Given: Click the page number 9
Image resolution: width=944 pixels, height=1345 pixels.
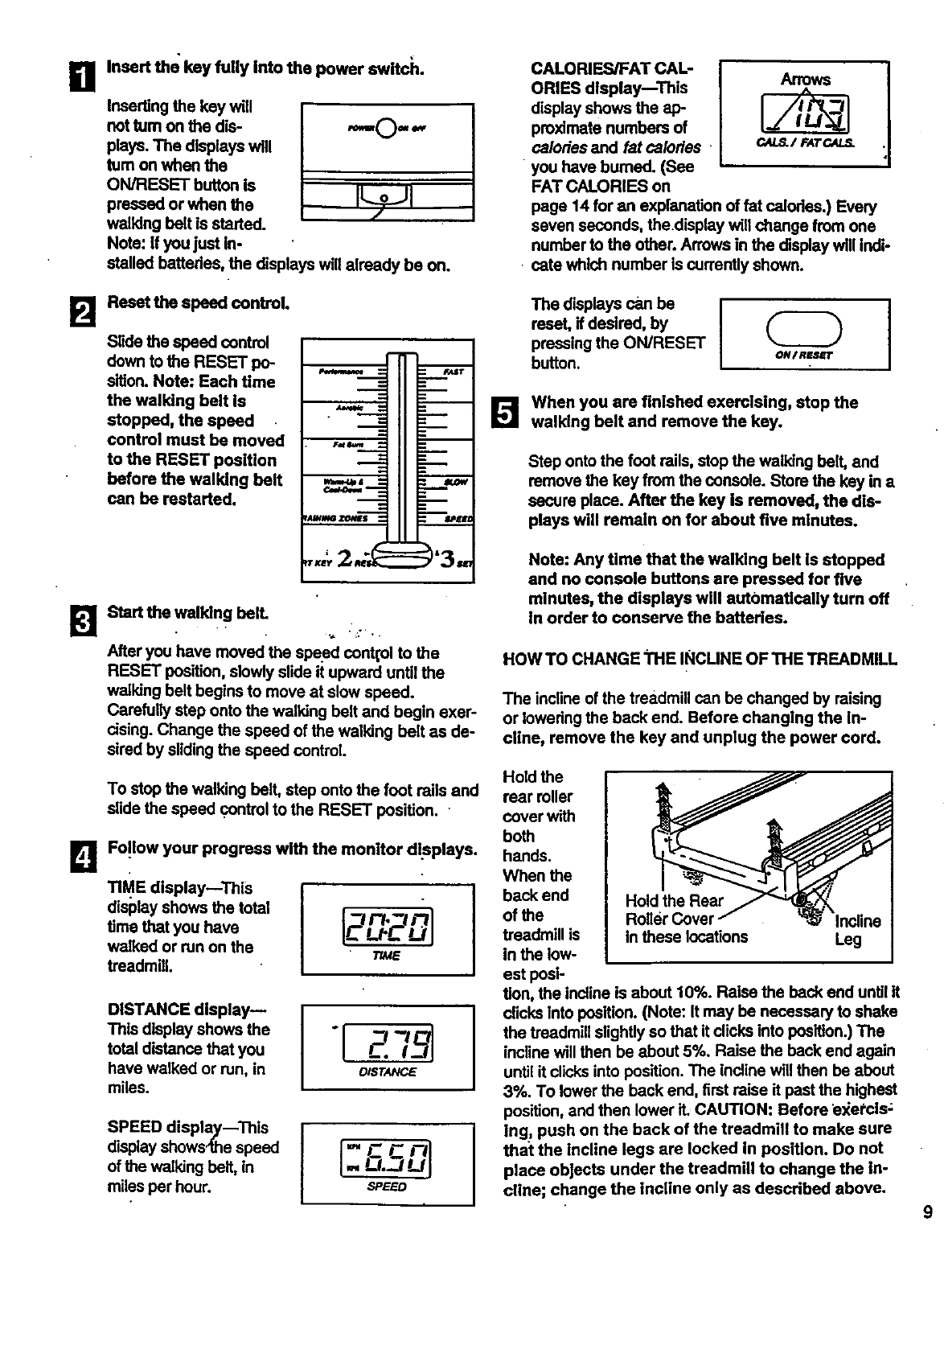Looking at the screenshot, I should (928, 1213).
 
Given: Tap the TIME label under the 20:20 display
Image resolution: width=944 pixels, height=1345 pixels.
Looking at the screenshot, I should (387, 956).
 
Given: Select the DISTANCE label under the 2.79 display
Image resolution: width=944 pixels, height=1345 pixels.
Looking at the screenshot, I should (388, 1071).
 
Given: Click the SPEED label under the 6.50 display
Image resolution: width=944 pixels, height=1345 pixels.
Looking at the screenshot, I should (387, 1187).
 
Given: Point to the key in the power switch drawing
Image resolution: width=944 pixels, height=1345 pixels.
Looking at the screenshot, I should (386, 195).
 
